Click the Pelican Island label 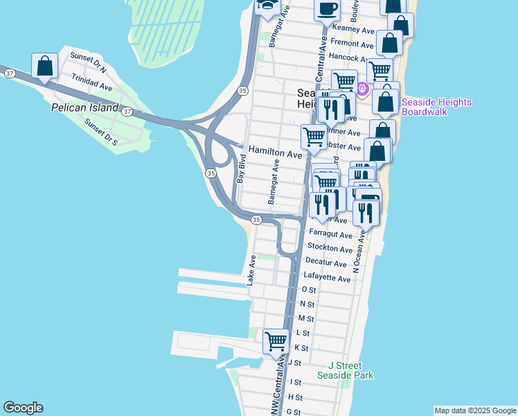tap(85, 108)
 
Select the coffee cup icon tap(327, 10)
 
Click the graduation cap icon tap(267, 6)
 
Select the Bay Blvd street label tap(242, 168)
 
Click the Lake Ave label tap(253, 270)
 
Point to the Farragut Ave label tap(331, 234)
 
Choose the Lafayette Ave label tap(328, 278)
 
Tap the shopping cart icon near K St tap(276, 340)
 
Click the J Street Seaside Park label tap(345, 370)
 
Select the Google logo tap(24, 408)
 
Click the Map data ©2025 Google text tap(474, 410)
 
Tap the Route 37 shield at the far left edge tap(9, 72)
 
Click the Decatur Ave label tap(326, 263)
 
